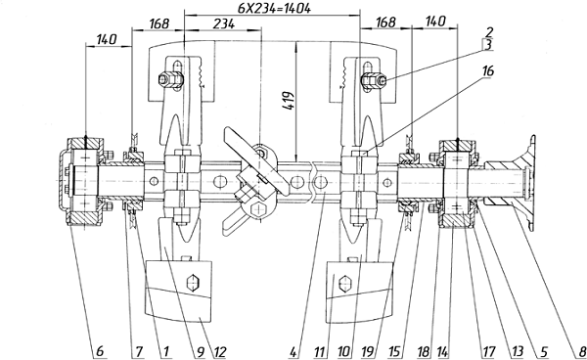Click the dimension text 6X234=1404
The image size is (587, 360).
(x=274, y=8)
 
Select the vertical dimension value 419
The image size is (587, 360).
(x=289, y=100)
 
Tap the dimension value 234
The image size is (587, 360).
(x=223, y=23)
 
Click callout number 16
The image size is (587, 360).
(x=487, y=70)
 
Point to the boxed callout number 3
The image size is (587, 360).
(x=487, y=45)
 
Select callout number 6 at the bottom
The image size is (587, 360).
(x=99, y=352)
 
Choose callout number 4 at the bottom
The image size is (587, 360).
(x=293, y=352)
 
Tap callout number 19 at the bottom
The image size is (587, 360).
(x=368, y=352)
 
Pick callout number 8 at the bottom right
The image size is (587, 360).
(x=581, y=352)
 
